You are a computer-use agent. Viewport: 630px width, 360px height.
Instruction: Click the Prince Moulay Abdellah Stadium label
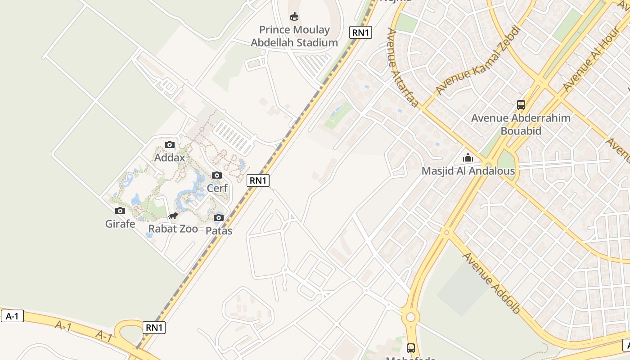294,36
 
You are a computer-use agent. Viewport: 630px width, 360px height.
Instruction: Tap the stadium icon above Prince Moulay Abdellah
294,17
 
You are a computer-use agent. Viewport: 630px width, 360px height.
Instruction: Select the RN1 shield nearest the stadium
360,32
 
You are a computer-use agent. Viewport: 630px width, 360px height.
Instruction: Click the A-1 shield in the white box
12,316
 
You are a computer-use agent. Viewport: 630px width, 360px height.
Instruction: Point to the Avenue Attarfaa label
403,67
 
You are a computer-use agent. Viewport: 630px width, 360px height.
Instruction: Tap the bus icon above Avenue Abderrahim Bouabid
521,105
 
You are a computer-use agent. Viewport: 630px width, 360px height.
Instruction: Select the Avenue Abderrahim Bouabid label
521,124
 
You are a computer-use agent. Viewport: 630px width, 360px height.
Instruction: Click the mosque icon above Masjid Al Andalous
468,158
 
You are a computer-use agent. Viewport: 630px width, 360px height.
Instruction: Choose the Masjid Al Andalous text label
468,171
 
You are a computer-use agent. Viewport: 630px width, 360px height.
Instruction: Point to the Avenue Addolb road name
492,283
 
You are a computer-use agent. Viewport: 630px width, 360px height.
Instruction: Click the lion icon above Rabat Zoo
173,216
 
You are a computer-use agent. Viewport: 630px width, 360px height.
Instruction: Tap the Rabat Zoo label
173,229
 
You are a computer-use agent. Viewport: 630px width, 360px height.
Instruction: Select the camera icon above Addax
170,144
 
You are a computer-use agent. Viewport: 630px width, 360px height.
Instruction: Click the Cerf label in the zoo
217,188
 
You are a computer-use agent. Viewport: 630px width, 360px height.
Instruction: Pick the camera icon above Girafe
120,211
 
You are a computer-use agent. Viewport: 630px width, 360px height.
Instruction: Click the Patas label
219,231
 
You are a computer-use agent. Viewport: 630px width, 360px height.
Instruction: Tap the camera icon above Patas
219,218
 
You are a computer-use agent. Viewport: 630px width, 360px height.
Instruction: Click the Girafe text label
120,224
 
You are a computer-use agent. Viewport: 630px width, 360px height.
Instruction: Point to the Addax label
170,157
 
